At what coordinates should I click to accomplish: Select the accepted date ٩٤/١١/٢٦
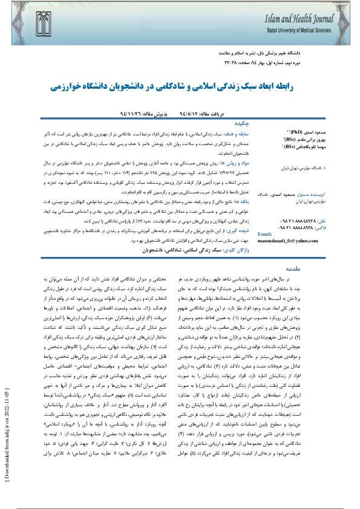(137, 112)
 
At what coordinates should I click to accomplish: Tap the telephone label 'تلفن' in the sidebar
(319, 221)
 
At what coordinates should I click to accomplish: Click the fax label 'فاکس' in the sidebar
(318, 229)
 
